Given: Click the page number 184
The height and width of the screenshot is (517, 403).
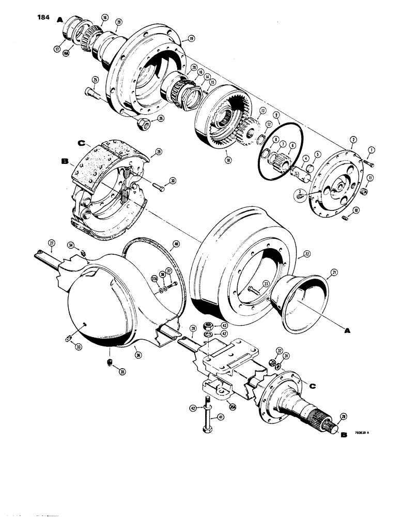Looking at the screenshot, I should pos(43,19).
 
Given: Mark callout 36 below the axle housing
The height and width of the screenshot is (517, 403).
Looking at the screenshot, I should pos(137,354).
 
